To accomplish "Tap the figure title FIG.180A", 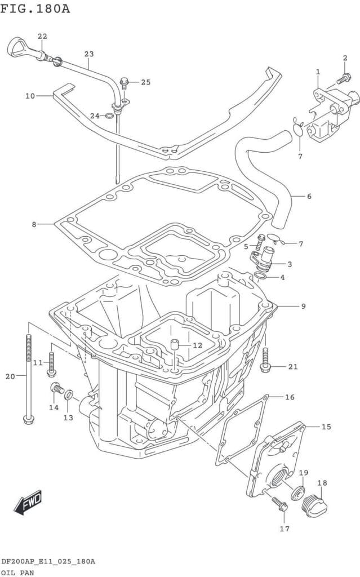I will click(x=35, y=8).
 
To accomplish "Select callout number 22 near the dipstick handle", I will click(x=42, y=37).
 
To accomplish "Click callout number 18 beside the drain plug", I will click(x=322, y=483).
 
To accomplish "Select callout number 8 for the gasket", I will click(x=34, y=224).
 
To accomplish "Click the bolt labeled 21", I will click(x=266, y=359).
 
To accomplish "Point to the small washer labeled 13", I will click(x=69, y=394).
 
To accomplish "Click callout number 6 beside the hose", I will click(x=309, y=197).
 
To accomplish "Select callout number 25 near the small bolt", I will click(x=145, y=82).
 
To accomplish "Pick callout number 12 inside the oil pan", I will click(x=197, y=345).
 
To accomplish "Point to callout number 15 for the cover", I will click(x=326, y=427).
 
